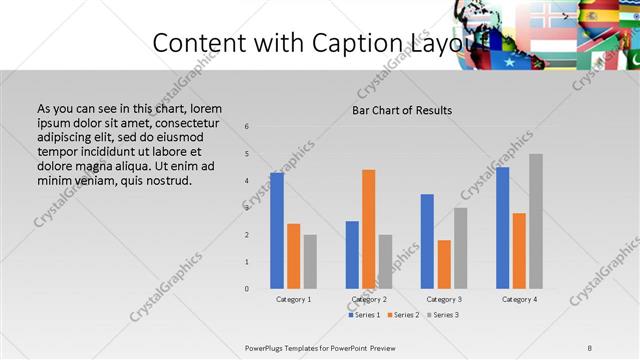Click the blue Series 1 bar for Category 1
click(x=277, y=231)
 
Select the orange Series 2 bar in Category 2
click(x=368, y=229)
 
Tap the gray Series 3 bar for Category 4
click(x=536, y=221)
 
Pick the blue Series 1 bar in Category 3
click(x=427, y=241)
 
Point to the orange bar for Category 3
click(x=444, y=264)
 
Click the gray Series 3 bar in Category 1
click(x=310, y=261)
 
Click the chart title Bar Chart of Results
click(x=401, y=110)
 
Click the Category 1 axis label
click(x=294, y=299)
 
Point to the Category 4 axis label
click(x=519, y=299)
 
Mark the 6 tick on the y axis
click(x=247, y=127)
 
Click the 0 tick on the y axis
click(x=247, y=289)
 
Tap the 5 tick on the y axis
click(x=247, y=154)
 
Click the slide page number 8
click(x=589, y=347)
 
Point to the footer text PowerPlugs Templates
click(x=290, y=347)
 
